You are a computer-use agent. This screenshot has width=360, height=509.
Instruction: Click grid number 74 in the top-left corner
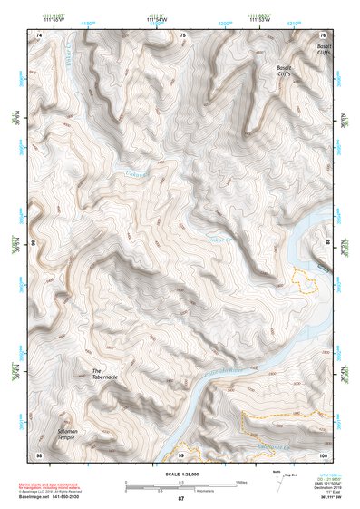click(39, 34)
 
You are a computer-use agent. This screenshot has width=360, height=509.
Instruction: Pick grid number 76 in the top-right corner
click(322, 34)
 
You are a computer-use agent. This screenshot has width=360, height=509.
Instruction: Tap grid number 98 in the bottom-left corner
click(39, 453)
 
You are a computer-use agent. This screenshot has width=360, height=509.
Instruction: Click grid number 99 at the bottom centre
click(180, 453)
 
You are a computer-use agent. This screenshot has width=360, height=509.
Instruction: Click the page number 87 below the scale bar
click(180, 499)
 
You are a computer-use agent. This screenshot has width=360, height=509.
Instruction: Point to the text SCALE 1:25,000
click(180, 474)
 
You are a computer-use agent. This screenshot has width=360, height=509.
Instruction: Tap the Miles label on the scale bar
click(241, 481)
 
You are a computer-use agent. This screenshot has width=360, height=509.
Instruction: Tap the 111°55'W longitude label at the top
click(53, 19)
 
